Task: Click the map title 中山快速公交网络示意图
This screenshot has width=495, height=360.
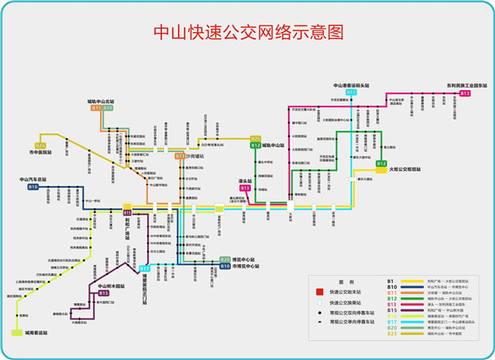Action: point(248,32)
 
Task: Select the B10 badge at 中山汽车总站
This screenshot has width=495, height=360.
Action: point(33,187)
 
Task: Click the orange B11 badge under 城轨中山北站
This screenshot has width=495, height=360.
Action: point(97,108)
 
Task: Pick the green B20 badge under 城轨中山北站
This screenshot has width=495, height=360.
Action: point(108,108)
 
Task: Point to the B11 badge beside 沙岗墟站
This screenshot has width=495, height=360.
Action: point(180,155)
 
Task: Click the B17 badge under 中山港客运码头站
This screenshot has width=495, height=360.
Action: point(351,92)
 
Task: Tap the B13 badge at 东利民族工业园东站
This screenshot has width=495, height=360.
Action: point(465,93)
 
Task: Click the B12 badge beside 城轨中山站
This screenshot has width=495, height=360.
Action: point(255,145)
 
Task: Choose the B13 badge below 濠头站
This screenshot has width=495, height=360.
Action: point(245,188)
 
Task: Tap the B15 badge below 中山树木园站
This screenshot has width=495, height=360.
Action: point(104,293)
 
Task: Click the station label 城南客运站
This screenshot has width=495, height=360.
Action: point(36,333)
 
